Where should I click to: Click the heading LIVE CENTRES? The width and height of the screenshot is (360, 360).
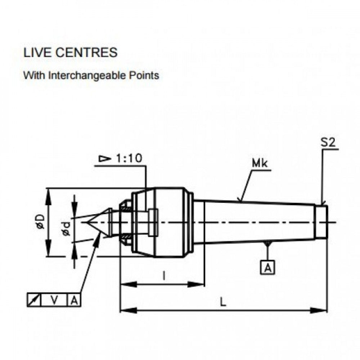tap(70, 53)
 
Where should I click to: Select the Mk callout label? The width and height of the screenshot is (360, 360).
tap(260, 164)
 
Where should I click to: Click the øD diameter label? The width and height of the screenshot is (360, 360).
tap(40, 222)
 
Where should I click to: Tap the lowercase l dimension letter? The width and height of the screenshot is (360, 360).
tap(164, 276)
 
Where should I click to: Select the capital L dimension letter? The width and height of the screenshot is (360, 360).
tap(224, 303)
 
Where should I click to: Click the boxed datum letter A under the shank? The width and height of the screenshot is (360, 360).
tap(267, 268)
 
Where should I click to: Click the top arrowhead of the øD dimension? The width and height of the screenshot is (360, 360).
tap(48, 193)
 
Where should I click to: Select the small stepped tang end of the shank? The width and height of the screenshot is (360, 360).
tap(321, 222)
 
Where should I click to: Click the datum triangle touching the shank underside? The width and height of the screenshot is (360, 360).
tap(267, 244)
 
